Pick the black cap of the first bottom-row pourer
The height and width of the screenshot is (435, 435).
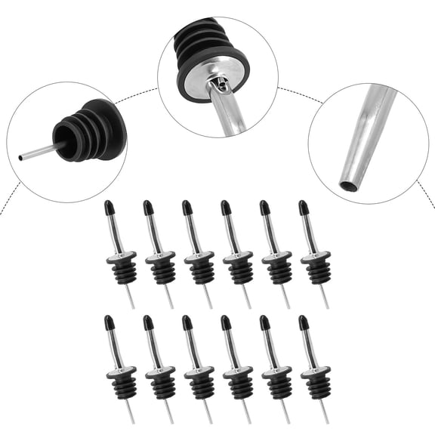click(110, 322)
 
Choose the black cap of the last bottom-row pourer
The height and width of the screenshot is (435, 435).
click(303, 322)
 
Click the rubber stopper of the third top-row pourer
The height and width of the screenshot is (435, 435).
click(201, 269)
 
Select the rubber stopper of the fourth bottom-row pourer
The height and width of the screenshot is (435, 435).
click(240, 384)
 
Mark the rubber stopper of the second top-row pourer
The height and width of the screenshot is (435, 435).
click(162, 269)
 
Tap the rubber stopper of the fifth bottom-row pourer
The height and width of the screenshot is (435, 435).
click(279, 384)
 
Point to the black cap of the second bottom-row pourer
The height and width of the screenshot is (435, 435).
click(148, 322)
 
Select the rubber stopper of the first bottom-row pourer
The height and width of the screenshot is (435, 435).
click(123, 384)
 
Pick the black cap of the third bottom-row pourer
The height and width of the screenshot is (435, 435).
click(187, 322)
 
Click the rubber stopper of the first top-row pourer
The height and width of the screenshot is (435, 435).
click(123, 269)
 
